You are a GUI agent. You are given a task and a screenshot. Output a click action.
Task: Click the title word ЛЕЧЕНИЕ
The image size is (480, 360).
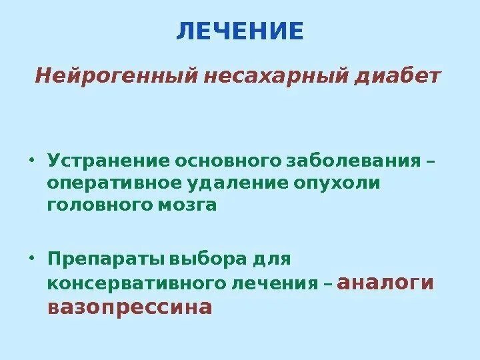[x=240, y=31]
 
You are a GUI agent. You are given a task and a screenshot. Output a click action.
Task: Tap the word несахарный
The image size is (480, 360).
[x=275, y=77]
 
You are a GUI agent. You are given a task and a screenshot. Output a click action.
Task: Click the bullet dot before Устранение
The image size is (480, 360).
[x=31, y=160]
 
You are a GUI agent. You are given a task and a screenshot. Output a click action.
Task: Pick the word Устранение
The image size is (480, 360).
[x=107, y=161]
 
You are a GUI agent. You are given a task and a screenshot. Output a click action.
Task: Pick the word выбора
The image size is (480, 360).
[x=204, y=257]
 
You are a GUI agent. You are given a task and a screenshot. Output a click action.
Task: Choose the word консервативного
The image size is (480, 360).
[x=135, y=283]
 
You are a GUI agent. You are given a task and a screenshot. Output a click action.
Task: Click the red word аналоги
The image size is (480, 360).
[x=386, y=282]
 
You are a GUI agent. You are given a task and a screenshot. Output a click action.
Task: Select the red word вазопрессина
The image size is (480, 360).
[x=130, y=307]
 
